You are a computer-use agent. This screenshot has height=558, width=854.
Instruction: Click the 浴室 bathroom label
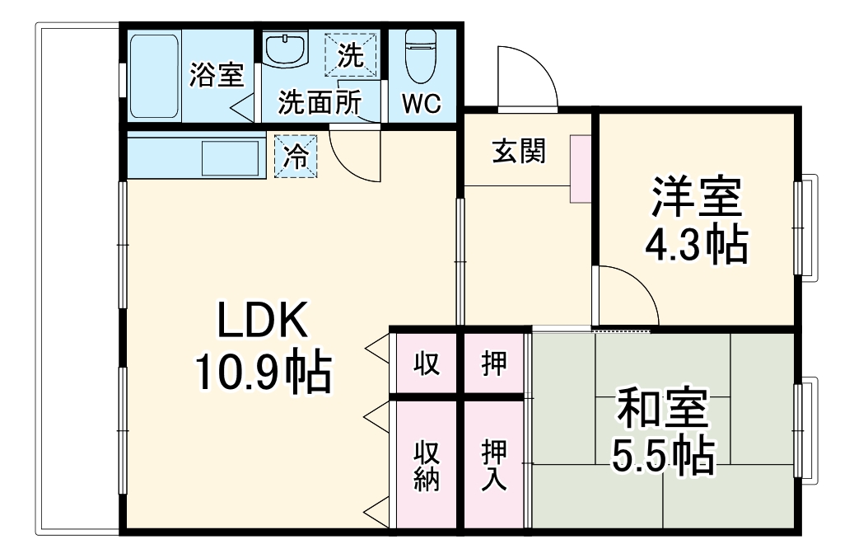coord(217,75)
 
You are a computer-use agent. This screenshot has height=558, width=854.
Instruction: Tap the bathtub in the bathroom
coord(154,76)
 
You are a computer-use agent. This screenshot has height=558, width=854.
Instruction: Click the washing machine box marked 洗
coord(351,56)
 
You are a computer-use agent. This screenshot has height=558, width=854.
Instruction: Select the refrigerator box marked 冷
coord(295,157)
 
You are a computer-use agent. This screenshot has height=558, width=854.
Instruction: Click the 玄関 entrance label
coord(519,152)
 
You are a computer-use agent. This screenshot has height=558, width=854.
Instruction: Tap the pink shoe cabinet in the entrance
coord(581,168)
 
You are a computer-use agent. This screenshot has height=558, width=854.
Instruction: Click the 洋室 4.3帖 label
coord(696,221)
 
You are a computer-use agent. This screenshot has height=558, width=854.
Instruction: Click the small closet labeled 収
coord(426,363)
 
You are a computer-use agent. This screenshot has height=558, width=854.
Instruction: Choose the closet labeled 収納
coord(426,465)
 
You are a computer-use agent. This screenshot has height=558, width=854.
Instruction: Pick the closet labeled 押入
coord(494,465)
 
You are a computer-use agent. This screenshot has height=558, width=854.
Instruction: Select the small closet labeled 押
coord(494,363)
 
